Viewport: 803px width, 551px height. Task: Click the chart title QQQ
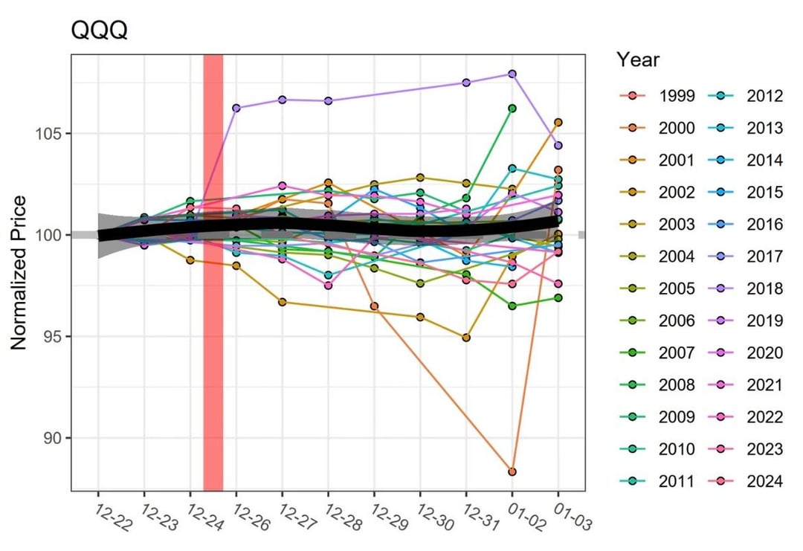coord(99,31)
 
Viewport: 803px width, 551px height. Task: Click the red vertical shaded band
coord(213,272)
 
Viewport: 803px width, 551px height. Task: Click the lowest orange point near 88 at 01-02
coord(512,471)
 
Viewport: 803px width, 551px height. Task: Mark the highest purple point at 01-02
coord(512,74)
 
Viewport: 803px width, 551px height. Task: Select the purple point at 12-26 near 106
coord(236,108)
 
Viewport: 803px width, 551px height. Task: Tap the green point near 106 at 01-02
coord(512,109)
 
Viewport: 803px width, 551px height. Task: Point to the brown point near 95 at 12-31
coord(466,338)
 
